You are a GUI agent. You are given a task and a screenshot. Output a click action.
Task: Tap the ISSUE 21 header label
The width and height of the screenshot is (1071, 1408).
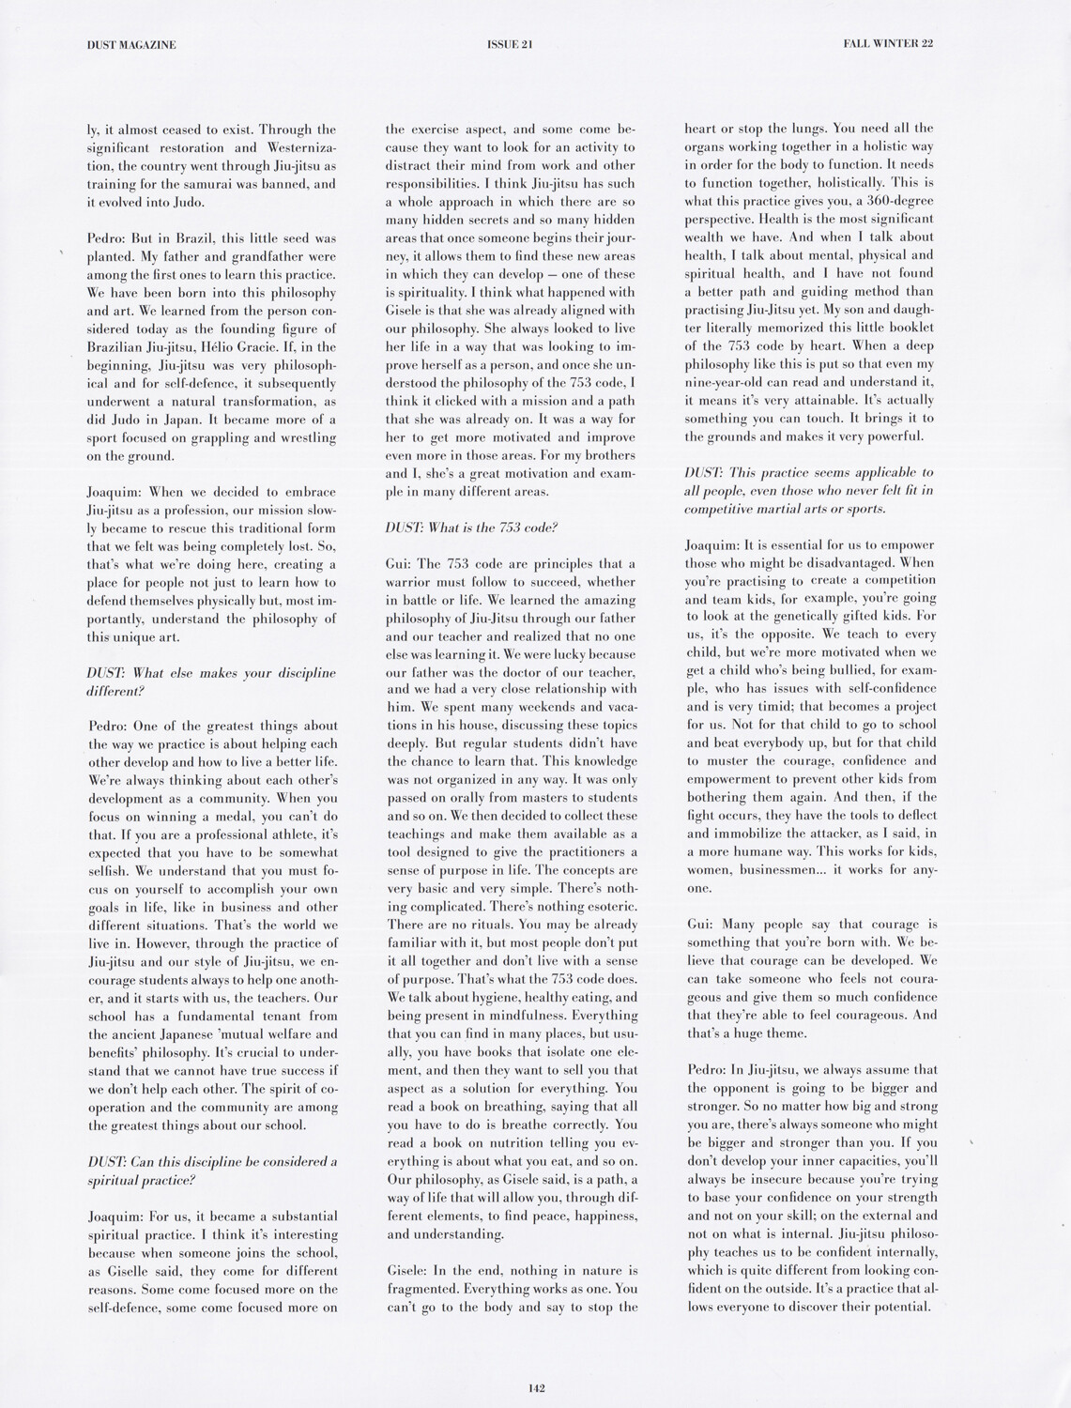pos(512,43)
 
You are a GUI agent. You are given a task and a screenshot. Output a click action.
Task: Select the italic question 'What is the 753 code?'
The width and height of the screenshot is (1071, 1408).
pos(472,528)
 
